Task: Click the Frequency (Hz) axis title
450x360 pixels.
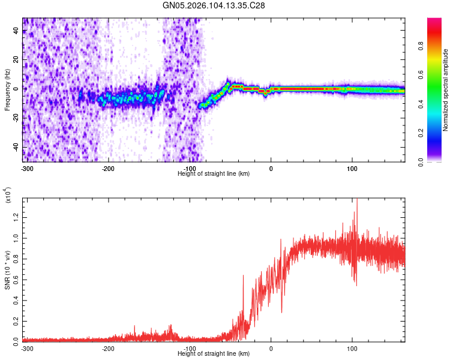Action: click(x=7, y=89)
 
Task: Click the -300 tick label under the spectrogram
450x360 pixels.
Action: click(x=26, y=167)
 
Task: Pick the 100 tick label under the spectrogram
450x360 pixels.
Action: click(x=352, y=167)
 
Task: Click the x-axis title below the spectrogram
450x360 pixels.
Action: click(x=214, y=173)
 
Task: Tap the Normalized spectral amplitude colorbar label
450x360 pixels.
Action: click(x=445, y=90)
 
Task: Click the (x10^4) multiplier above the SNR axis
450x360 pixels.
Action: click(x=8, y=196)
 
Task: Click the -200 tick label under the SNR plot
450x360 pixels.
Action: click(x=108, y=349)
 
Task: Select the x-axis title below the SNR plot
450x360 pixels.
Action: click(x=214, y=354)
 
